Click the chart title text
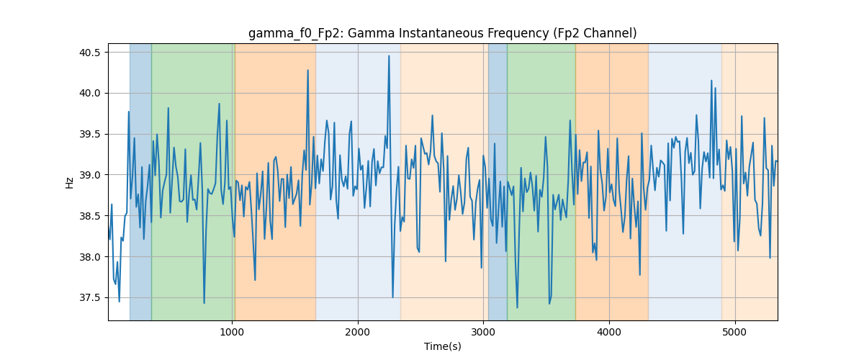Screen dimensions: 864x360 [x=442, y=34]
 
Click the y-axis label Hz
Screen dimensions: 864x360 [x=69, y=182]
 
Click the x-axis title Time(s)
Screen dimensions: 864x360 [x=442, y=346]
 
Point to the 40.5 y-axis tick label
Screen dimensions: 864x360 [x=89, y=53]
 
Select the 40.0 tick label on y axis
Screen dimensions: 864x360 [x=89, y=94]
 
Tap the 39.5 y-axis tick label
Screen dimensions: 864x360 [x=89, y=134]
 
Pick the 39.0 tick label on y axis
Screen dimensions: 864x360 [x=89, y=175]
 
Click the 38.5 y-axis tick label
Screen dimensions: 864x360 [x=89, y=216]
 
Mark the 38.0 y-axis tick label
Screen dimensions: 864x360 [x=89, y=257]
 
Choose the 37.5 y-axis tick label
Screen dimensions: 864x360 [x=89, y=298]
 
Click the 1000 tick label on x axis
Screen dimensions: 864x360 [x=232, y=332]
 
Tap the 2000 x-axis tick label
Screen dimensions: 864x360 [x=358, y=332]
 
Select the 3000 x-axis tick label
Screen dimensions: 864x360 [x=483, y=332]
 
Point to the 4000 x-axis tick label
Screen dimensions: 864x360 [x=609, y=332]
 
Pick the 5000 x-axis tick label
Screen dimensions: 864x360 [x=735, y=332]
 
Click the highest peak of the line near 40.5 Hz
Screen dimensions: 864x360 [x=389, y=56]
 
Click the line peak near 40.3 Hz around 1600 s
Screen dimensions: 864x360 [x=308, y=71]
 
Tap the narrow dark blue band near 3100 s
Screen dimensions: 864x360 [x=498, y=181]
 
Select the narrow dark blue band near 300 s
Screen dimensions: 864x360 [x=140, y=181]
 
